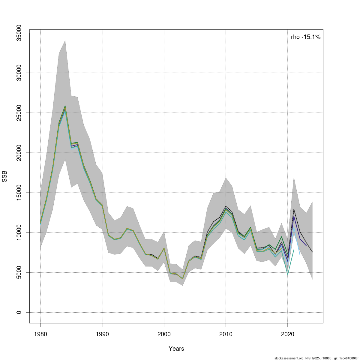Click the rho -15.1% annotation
click(306, 37)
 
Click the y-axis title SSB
click(4, 176)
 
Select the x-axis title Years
click(176, 349)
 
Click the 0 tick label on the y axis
click(19, 312)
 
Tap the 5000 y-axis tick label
click(19, 272)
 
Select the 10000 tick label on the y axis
click(19, 232)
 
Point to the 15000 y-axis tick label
click(19, 193)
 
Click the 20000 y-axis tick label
click(19, 153)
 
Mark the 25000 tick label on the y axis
click(19, 113)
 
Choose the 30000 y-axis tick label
click(19, 73)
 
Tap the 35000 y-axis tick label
click(19, 33)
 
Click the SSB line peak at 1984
click(65, 106)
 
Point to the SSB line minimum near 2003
click(182, 279)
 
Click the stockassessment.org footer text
click(316, 358)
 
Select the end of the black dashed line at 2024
click(312, 252)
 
